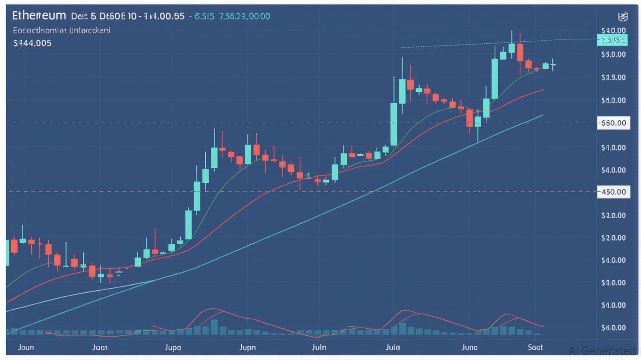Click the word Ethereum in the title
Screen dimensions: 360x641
click(39, 15)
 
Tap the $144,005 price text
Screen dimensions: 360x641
click(32, 43)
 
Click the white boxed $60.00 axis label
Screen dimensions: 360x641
click(613, 123)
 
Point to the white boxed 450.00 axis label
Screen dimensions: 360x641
click(613, 192)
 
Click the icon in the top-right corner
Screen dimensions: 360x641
click(623, 17)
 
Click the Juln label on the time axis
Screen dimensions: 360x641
click(319, 347)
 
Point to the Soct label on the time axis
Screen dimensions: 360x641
click(535, 347)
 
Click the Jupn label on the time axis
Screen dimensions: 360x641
click(248, 347)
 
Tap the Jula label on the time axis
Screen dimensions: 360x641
click(393, 347)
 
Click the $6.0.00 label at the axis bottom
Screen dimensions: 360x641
click(613, 328)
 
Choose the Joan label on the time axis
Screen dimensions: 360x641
click(100, 347)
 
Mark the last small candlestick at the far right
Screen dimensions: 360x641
click(553, 65)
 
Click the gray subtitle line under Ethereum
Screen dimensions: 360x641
click(62, 30)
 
